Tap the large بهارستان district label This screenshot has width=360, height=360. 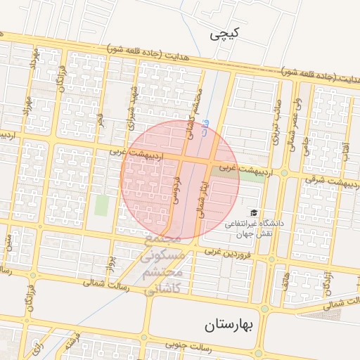232,326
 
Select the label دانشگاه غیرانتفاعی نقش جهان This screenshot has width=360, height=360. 253,227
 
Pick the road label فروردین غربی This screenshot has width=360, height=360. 226,252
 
